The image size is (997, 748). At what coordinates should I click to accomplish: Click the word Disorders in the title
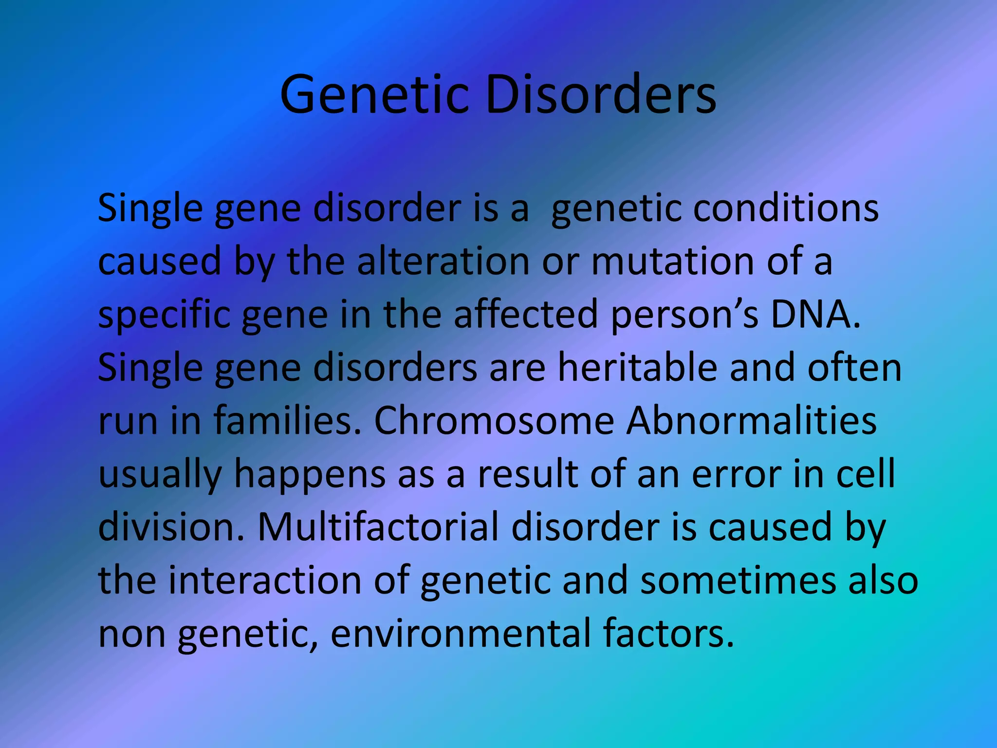(600, 94)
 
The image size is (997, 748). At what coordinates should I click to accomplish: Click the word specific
(164, 315)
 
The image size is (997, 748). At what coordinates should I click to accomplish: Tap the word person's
(684, 315)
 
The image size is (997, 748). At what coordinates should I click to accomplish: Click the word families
(288, 421)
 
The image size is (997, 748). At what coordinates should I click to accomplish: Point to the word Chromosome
(494, 421)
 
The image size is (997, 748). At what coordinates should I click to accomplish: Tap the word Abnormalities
(751, 421)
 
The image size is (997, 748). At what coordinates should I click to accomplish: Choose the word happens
(310, 475)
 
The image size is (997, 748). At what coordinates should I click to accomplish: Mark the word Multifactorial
(378, 527)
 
